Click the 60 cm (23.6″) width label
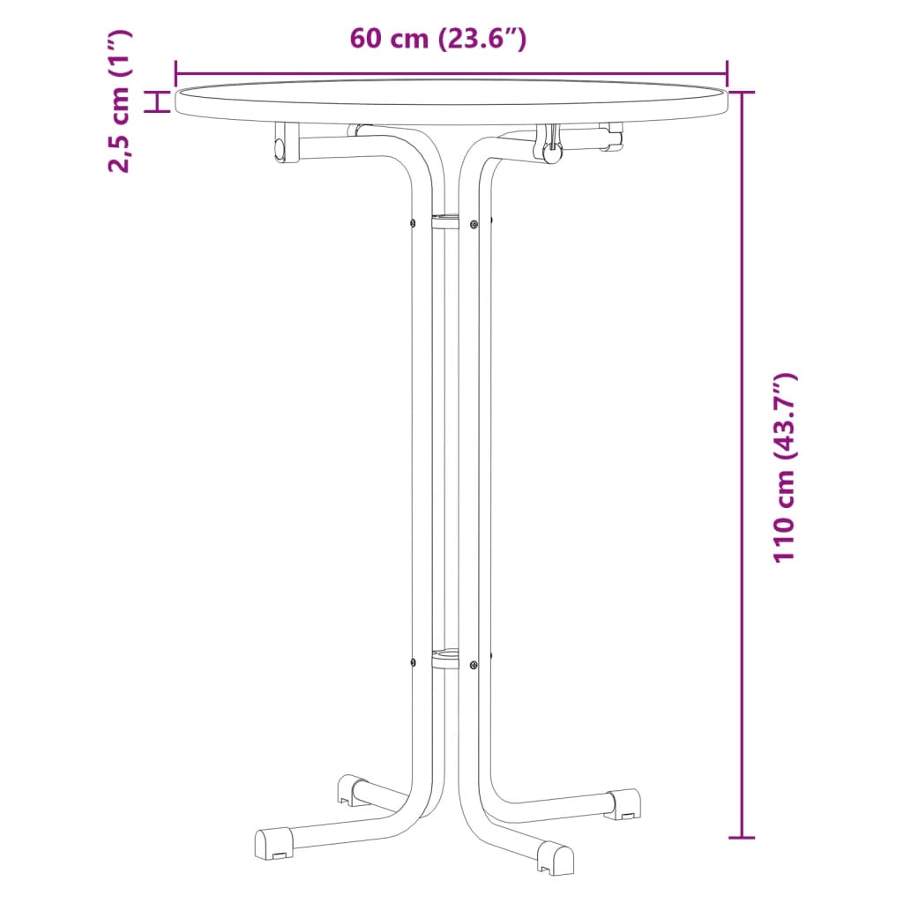(438, 40)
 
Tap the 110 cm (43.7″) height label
(784, 467)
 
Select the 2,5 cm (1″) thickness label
(119, 101)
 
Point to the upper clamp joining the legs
(445, 220)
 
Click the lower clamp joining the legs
(445, 658)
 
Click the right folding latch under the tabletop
(552, 146)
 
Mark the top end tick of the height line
(743, 92)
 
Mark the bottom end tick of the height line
(743, 837)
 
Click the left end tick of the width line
(175, 73)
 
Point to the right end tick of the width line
(728, 73)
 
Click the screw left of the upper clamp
(413, 221)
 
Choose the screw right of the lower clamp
(474, 664)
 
